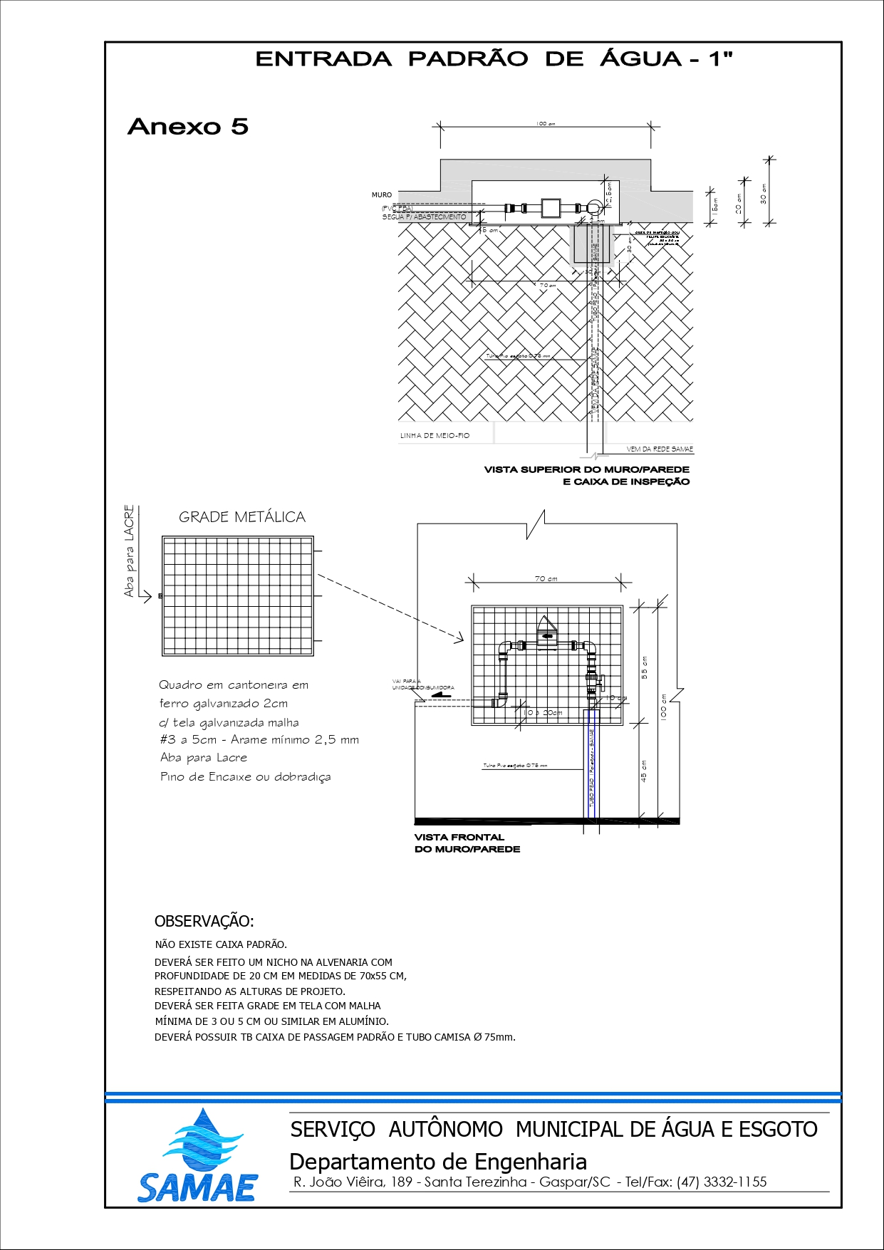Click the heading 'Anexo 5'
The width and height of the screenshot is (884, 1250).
[188, 127]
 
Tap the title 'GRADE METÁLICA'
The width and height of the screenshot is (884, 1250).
[241, 517]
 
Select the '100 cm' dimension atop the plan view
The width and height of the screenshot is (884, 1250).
[545, 124]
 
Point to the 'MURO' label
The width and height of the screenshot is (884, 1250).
[382, 194]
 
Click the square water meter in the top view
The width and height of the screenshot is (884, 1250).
[551, 208]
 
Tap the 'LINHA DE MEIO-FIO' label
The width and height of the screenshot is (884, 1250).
[435, 435]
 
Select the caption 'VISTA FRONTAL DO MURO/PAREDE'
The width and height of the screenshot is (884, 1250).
[467, 843]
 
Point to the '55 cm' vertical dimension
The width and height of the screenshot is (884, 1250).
[645, 667]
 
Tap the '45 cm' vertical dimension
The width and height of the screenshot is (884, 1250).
[644, 771]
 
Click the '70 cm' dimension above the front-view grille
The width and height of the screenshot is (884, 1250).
[546, 578]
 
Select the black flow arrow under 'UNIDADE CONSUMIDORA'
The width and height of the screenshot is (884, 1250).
[442, 694]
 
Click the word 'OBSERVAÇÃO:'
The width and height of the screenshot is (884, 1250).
[204, 921]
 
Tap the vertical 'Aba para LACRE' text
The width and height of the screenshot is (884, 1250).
[129, 551]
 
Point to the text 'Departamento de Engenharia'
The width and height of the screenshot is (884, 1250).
[438, 1162]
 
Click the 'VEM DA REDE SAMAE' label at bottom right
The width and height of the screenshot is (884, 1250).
[660, 449]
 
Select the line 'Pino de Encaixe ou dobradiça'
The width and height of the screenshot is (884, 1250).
[245, 776]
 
